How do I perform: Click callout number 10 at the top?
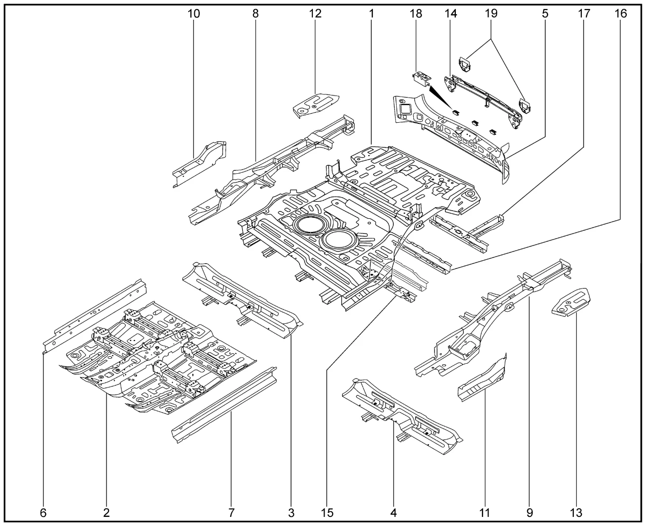pos(193,14)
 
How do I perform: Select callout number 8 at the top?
pos(255,14)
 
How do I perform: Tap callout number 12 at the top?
pos(315,14)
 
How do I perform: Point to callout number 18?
pos(416,14)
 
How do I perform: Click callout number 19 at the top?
pos(491,14)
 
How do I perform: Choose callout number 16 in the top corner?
pos(620,14)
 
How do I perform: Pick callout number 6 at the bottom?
pos(43,513)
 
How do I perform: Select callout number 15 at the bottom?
pos(327,513)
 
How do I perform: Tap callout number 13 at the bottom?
pos(575,513)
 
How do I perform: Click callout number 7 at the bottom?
pos(231,513)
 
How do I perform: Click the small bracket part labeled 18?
pos(421,78)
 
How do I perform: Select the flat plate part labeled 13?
pos(572,302)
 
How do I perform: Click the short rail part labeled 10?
pos(199,162)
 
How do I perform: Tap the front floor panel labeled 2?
pos(156,359)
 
